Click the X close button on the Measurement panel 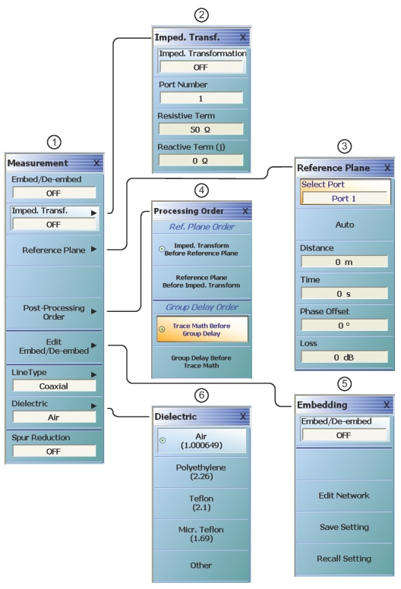96,163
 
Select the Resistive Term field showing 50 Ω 201,130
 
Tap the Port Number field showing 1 201,99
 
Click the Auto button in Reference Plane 345,225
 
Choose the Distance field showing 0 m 344,262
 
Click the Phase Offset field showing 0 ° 344,326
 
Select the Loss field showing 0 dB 344,357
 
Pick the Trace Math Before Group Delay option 202,329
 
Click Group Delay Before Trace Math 201,362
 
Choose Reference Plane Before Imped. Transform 201,282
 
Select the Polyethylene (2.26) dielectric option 201,472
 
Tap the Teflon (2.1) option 201,503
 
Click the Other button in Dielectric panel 201,565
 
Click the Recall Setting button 344,559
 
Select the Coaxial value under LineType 54,386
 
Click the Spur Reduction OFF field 54,451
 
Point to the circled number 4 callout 201,191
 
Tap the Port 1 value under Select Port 344,198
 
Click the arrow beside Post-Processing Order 93,311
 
